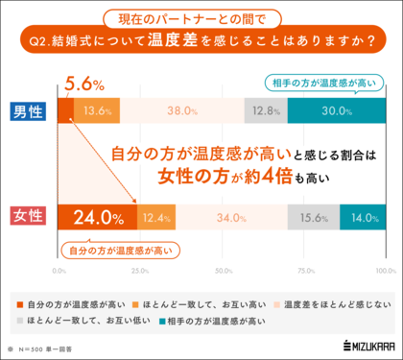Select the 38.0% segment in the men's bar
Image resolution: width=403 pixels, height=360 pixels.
[x=181, y=110]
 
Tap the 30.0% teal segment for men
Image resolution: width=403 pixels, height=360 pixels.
[x=336, y=110]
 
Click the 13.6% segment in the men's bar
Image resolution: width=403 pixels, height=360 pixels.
[x=97, y=110]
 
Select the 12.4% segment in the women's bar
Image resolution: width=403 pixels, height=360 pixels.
[x=156, y=218]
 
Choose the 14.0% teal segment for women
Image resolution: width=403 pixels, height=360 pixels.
[x=362, y=218]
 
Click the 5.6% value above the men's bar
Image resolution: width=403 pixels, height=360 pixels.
[x=83, y=84]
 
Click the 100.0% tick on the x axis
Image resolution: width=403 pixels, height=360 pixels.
[x=385, y=270]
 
